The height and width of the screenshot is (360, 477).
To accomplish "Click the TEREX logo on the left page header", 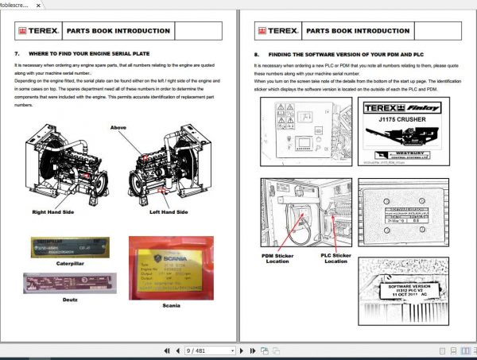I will (37, 32).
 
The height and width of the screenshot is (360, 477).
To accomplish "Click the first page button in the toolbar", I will (166, 350).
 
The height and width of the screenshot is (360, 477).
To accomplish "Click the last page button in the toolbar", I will (264, 350).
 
